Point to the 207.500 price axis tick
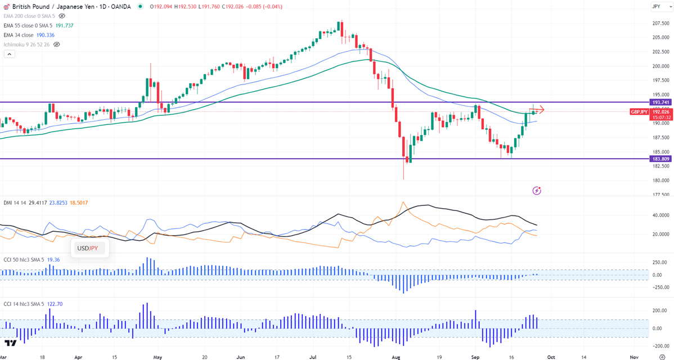tap(660, 23)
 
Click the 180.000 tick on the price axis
tap(660, 181)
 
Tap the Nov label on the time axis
tap(633, 357)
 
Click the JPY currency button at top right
tap(656, 6)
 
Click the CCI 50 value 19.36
tap(53, 260)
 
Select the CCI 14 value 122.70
tap(55, 304)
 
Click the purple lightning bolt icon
tap(537, 191)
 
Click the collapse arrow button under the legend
tap(9, 54)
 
